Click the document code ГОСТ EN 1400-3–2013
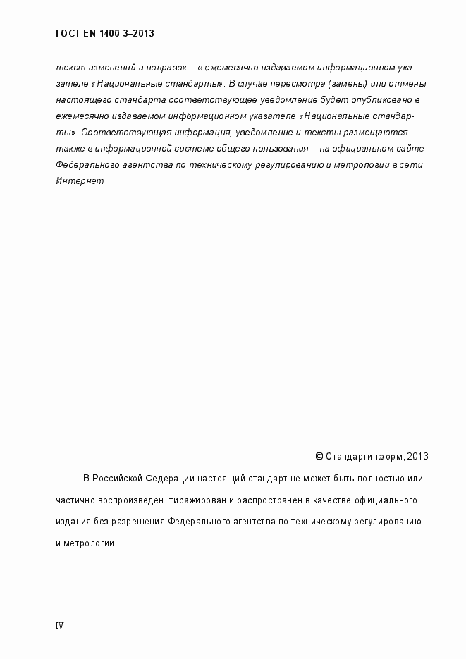tap(104, 33)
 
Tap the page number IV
tap(59, 625)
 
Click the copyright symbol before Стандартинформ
tap(319, 456)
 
